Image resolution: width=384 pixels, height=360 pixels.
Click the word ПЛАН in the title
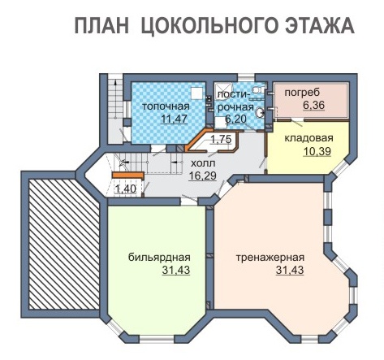[101, 25]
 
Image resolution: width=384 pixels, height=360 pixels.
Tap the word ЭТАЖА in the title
[319, 25]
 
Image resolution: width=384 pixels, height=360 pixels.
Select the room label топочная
[166, 106]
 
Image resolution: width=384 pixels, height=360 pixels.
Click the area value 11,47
[174, 119]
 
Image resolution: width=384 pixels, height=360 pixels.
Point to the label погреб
[302, 93]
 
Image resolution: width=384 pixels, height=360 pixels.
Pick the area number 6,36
[313, 105]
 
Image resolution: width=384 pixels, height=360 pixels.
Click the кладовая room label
[308, 138]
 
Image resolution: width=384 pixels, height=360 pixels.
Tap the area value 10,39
[317, 151]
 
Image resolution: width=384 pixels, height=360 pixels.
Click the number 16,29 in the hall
[203, 176]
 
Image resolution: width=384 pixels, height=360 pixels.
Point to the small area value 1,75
[221, 140]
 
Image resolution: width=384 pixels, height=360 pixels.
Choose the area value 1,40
[125, 189]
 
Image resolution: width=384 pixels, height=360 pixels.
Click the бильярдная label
[159, 257]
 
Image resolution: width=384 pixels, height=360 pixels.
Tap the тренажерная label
[270, 257]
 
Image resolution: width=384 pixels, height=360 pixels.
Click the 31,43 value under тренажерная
[290, 270]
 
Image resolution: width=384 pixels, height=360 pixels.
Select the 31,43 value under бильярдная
[176, 270]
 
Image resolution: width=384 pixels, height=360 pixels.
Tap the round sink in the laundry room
[260, 112]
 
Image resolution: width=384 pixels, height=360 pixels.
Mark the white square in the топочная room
[196, 93]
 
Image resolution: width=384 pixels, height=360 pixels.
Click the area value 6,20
[235, 119]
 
